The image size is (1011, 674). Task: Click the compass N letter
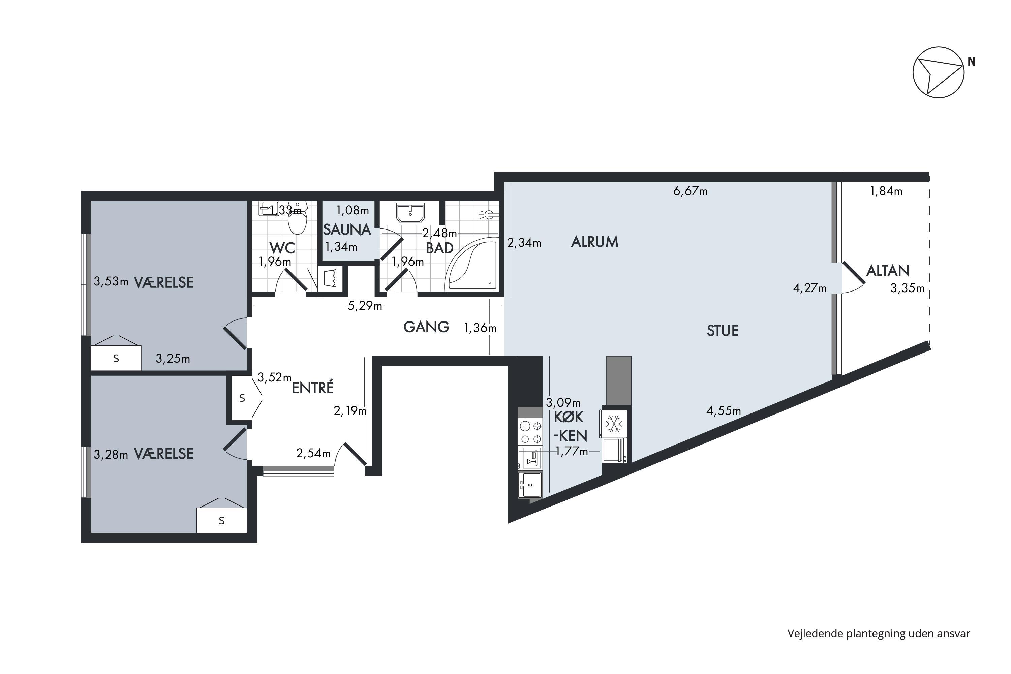click(x=972, y=62)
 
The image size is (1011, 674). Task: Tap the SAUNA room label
click(x=347, y=229)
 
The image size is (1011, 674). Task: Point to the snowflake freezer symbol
click(x=614, y=424)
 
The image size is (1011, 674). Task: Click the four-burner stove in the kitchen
click(x=530, y=432)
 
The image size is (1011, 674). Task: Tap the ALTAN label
click(x=888, y=271)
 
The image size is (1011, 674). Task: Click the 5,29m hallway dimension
click(x=365, y=306)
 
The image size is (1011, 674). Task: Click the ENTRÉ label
click(x=312, y=388)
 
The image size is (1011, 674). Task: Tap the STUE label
click(x=723, y=331)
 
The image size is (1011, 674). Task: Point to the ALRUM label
click(x=594, y=242)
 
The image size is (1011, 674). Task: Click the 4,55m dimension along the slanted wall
click(x=724, y=411)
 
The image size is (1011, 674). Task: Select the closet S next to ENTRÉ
click(x=242, y=398)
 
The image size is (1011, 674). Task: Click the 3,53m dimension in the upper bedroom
click(x=111, y=281)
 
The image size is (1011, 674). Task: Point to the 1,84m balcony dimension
click(x=886, y=191)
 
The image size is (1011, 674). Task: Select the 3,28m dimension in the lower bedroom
click(x=111, y=454)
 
